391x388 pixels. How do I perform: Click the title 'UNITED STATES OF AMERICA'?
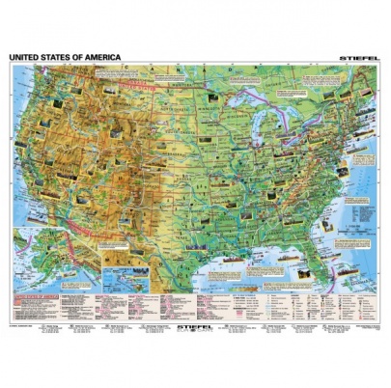65,57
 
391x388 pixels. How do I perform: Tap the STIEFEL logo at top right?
361,58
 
